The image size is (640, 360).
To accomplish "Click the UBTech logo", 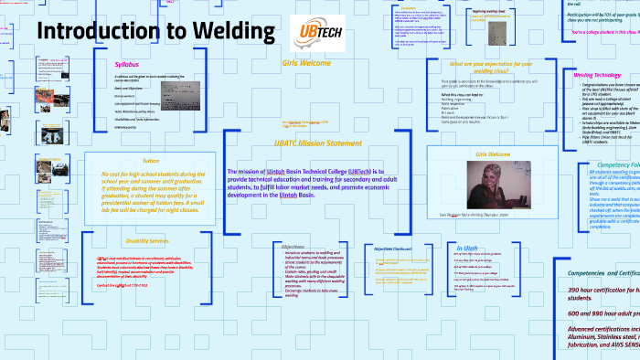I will (x=315, y=33).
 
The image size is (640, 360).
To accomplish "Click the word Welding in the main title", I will (x=233, y=31).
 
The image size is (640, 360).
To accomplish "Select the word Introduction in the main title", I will (x=95, y=31).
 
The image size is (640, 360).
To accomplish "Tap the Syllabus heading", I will (x=127, y=66).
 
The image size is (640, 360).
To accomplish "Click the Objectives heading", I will (x=293, y=247).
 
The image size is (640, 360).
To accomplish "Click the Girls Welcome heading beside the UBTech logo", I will (x=306, y=64).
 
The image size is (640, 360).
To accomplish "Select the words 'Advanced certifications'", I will (x=603, y=328).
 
